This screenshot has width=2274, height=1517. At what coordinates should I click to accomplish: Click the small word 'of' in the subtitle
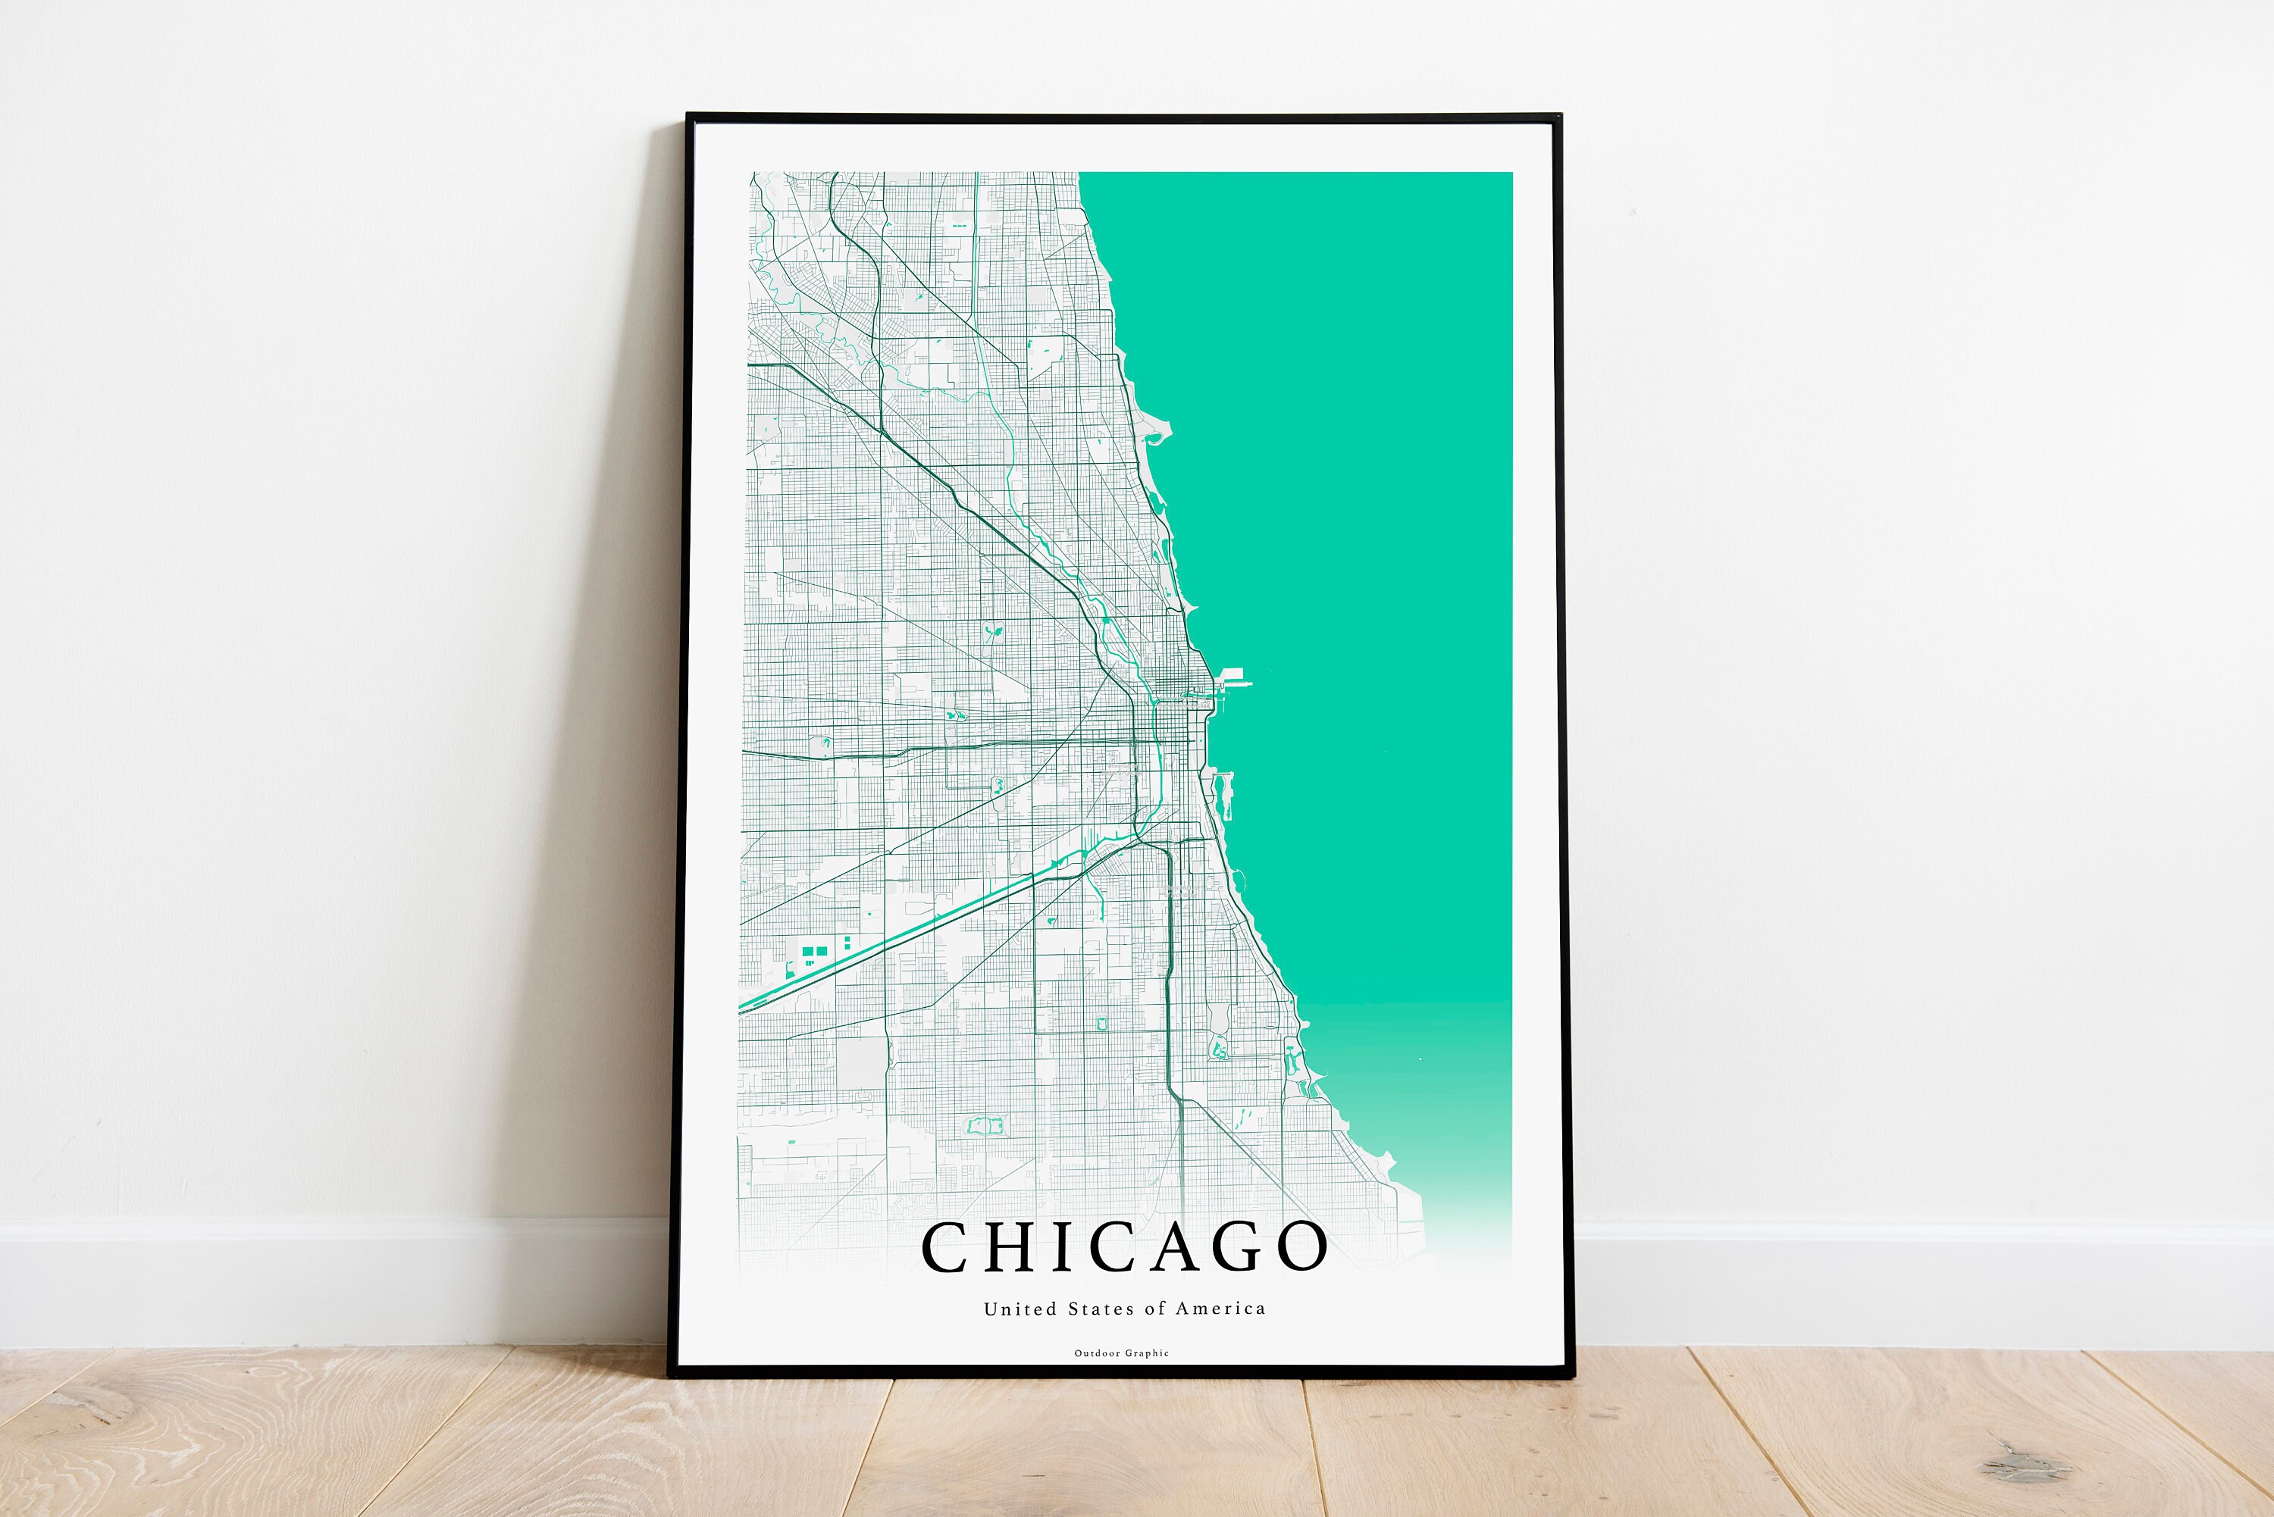coord(1155,1309)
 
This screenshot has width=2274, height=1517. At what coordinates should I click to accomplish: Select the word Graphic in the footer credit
coord(1148,1353)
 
